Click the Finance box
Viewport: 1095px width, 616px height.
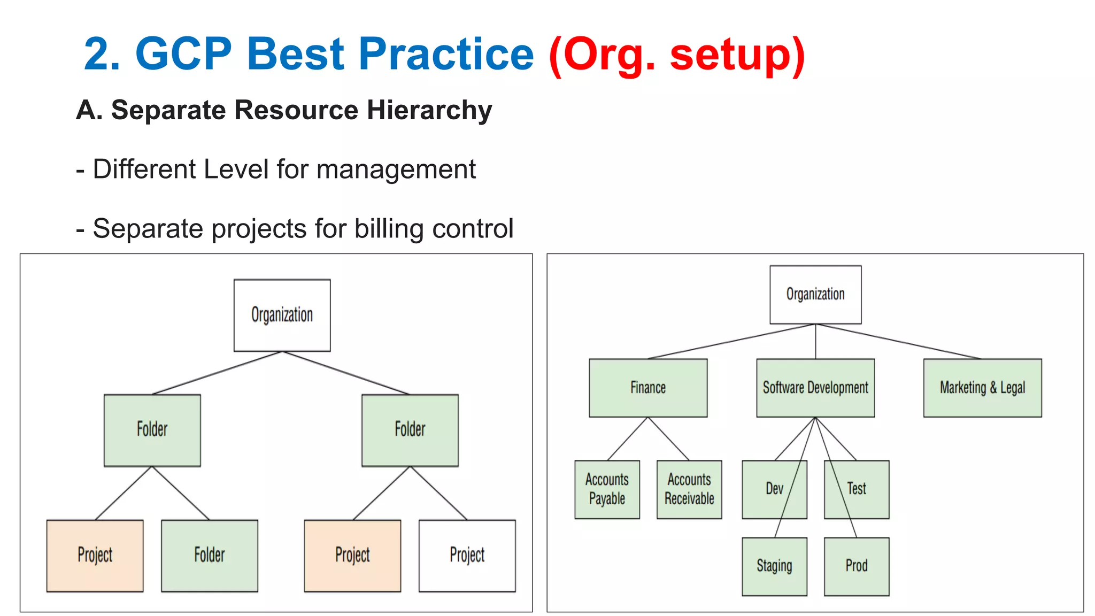[x=647, y=388]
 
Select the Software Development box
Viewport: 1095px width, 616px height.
[x=815, y=388]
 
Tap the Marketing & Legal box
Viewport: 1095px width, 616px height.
[x=982, y=388]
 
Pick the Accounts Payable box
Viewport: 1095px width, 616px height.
[x=607, y=489]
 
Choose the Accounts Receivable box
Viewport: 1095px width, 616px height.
[x=689, y=489]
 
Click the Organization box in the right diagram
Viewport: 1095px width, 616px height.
[x=815, y=294]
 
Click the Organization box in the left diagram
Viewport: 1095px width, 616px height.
[x=282, y=315]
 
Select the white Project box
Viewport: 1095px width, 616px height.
[x=467, y=556]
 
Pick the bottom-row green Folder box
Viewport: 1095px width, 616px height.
[x=209, y=556]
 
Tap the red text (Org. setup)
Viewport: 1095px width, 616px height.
[x=676, y=55]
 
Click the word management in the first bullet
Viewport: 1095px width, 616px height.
[x=396, y=170]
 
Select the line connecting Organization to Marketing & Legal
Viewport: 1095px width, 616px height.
[x=898, y=341]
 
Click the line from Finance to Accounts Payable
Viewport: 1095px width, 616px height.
[x=627, y=439]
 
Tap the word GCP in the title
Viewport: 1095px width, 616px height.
[x=183, y=55]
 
